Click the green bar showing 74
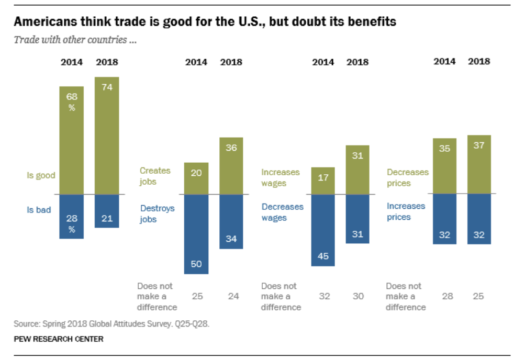107,136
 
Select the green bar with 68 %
71,140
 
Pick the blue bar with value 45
323,230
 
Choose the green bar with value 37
479,164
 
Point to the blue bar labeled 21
107,210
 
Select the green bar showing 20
196,178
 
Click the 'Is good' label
41,176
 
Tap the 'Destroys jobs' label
157,214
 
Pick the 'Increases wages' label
281,178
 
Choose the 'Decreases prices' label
407,178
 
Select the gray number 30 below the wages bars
358,296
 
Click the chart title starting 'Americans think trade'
205,22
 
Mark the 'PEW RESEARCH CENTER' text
59,339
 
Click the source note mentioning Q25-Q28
111,324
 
